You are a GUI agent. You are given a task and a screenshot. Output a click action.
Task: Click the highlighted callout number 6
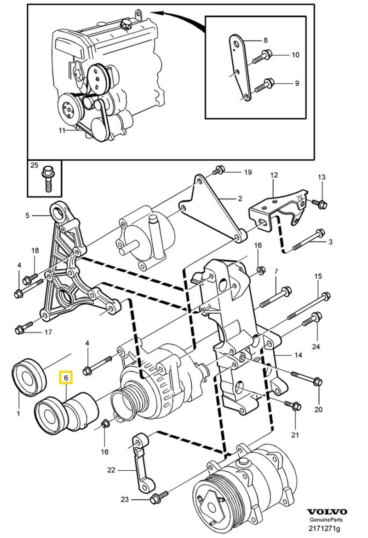pyautogui.click(x=66, y=379)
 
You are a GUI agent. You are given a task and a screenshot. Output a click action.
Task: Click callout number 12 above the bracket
pyautogui.click(x=274, y=175)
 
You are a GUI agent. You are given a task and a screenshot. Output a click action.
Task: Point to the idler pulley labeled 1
pyautogui.click(x=29, y=377)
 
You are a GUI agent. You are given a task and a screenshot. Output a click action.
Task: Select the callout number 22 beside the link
pyautogui.click(x=111, y=470)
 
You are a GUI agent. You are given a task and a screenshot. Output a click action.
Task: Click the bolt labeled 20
pyautogui.click(x=316, y=381)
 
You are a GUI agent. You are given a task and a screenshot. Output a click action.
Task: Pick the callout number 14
pyautogui.click(x=298, y=355)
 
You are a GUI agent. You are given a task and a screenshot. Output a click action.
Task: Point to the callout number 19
pyautogui.click(x=248, y=173)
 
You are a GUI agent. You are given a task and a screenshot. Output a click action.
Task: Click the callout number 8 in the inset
pyautogui.click(x=265, y=40)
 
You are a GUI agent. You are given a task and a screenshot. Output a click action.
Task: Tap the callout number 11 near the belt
pyautogui.click(x=62, y=130)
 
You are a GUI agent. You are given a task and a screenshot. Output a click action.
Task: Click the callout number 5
pyautogui.click(x=27, y=215)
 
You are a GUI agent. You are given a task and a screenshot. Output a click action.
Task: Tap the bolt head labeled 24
pyautogui.click(x=316, y=316)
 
